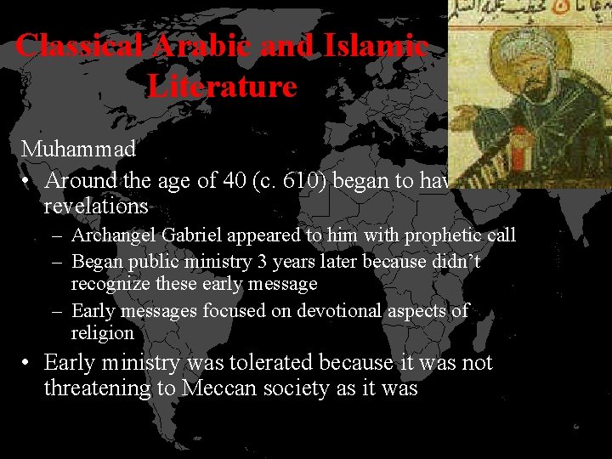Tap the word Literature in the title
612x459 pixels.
tap(222, 86)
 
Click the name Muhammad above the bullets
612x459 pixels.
tap(78, 149)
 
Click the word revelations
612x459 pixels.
tap(96, 207)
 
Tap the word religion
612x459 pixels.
tap(103, 333)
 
